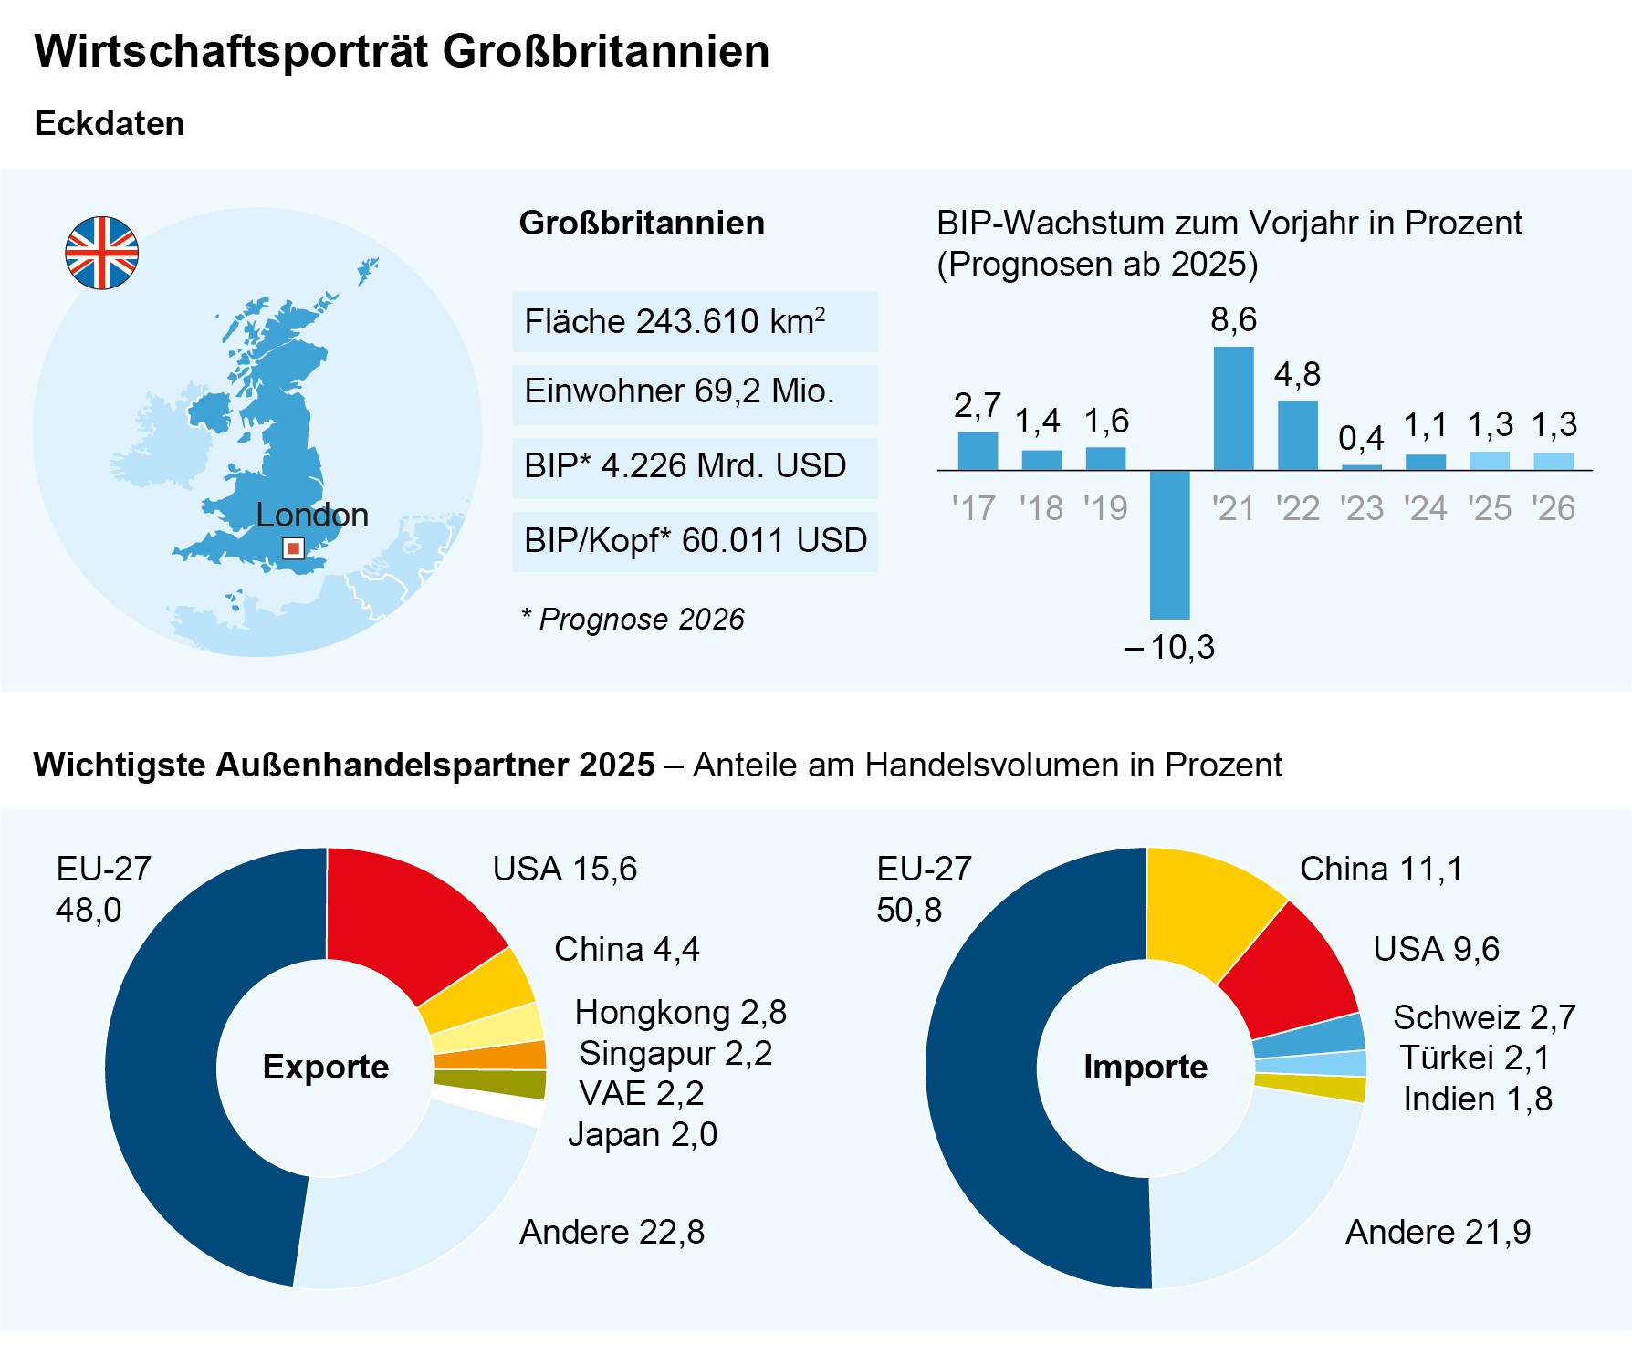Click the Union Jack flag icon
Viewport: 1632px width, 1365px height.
tap(102, 253)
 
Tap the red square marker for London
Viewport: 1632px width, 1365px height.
tap(293, 547)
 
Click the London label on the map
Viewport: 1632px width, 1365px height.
tap(312, 516)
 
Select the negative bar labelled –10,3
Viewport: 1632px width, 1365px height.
tap(1169, 545)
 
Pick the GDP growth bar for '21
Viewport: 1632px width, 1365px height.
tap(1233, 408)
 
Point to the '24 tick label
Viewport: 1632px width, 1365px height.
tap(1425, 508)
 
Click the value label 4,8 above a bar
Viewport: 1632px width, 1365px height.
tap(1297, 374)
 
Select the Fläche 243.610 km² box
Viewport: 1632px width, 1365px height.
tap(695, 322)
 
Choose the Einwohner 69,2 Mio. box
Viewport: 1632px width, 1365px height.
tap(695, 394)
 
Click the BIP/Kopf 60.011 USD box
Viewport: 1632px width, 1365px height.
tap(695, 541)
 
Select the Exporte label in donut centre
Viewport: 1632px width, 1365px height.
tap(326, 1067)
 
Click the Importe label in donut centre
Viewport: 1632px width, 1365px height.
tap(1146, 1067)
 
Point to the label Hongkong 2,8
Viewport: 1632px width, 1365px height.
tap(680, 1012)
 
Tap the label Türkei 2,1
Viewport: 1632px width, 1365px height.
tap(1474, 1058)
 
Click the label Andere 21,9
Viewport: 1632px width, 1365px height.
tap(1438, 1232)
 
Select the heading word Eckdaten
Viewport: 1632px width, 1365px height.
tap(110, 123)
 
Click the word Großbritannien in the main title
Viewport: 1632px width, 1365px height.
tap(606, 51)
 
